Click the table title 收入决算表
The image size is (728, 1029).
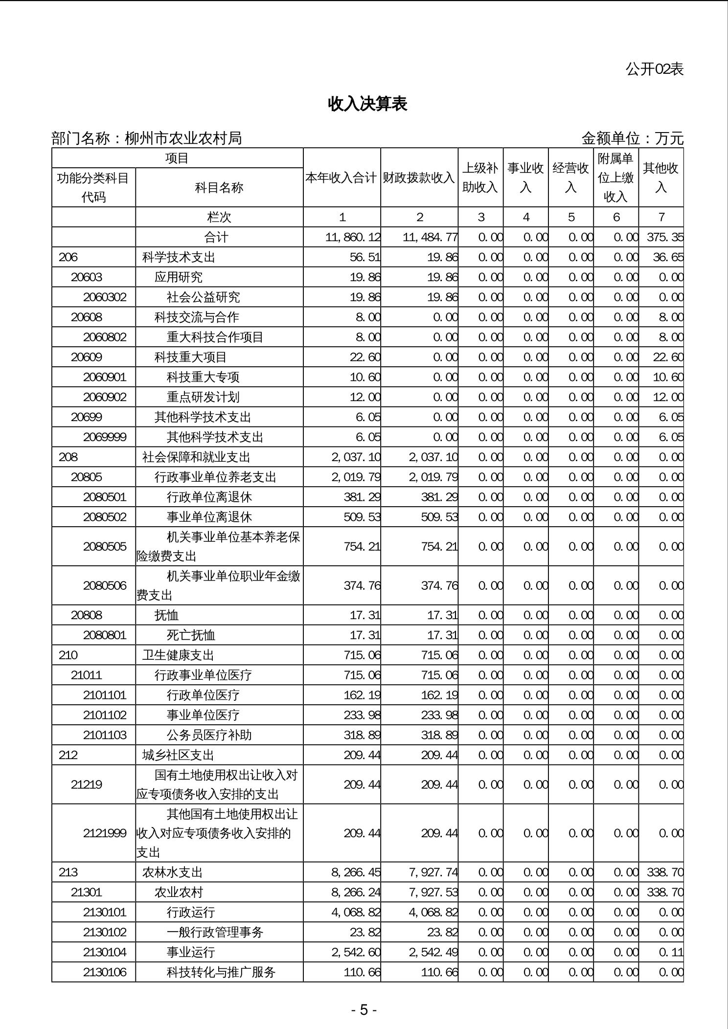click(x=367, y=104)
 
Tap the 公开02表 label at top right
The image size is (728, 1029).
click(x=654, y=69)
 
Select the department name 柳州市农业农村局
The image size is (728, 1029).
click(x=183, y=138)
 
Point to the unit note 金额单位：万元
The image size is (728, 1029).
click(x=632, y=138)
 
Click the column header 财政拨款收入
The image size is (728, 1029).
click(x=419, y=178)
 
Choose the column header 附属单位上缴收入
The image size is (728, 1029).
click(x=615, y=178)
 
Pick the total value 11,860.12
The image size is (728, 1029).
click(x=353, y=237)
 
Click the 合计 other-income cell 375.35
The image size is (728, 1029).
click(x=665, y=237)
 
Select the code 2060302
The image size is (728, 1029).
click(x=105, y=297)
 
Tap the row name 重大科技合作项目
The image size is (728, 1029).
click(x=215, y=337)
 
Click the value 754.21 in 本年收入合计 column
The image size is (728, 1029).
click(x=362, y=546)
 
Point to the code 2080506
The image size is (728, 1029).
click(x=105, y=585)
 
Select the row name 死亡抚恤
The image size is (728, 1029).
click(x=191, y=635)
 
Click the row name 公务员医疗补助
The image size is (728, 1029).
click(x=209, y=735)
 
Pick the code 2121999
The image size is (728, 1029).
click(x=105, y=833)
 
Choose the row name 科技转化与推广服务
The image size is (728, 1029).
click(x=221, y=972)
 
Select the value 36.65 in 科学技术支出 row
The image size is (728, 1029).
click(x=668, y=257)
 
